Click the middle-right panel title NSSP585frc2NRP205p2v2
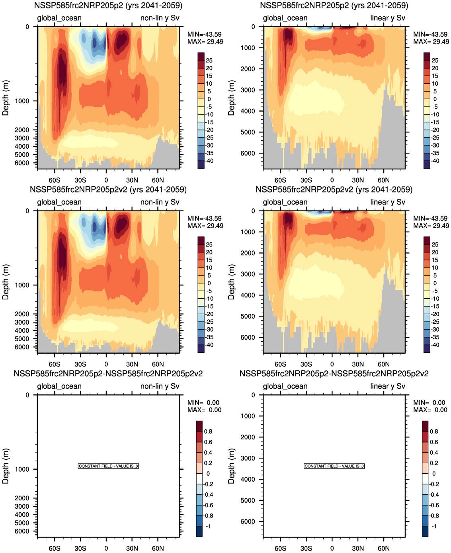[334, 190]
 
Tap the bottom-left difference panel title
[108, 374]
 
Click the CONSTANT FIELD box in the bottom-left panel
[108, 466]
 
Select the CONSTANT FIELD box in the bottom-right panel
[334, 466]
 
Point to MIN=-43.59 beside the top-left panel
[205, 35]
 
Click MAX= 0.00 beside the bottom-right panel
[430, 410]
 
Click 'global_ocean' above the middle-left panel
[59, 202]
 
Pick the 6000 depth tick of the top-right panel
[248, 154]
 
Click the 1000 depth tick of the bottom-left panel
[22, 469]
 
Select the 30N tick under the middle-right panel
[358, 364]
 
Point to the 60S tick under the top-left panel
[55, 180]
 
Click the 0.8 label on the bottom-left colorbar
[208, 432]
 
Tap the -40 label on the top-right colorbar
[435, 161]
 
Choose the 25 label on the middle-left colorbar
[209, 244]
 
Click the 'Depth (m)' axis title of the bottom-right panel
[231, 466]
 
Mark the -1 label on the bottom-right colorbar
[434, 526]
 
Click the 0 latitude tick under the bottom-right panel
[332, 548]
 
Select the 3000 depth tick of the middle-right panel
[248, 274]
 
